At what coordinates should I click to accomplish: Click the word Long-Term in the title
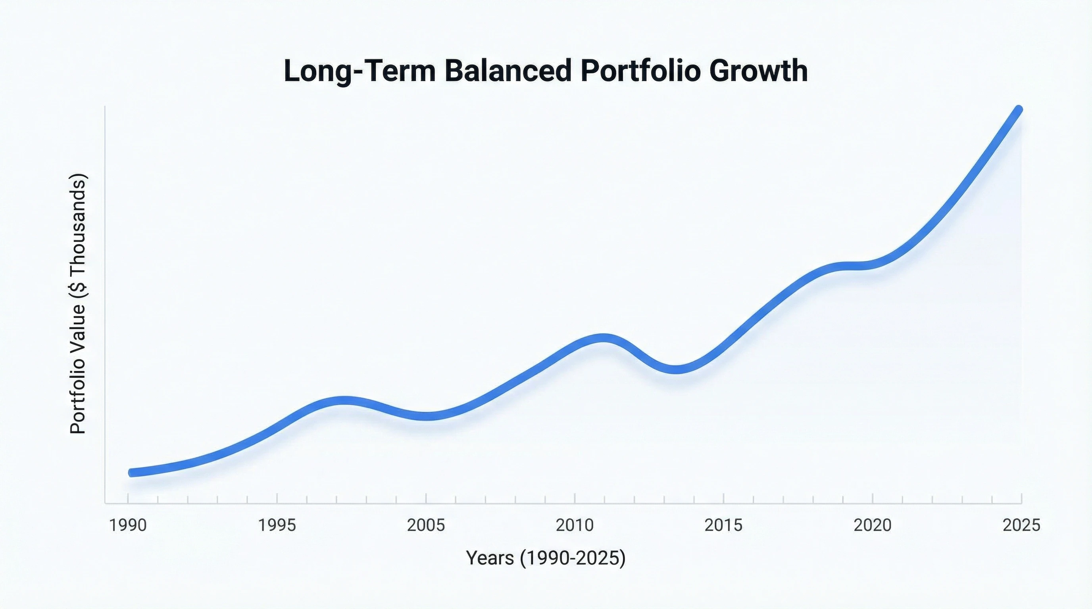click(x=360, y=71)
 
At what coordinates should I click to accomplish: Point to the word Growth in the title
click(x=757, y=71)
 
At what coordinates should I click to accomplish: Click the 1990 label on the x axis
click(x=128, y=526)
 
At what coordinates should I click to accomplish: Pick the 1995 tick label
click(x=277, y=526)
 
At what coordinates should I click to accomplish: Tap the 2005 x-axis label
click(x=426, y=526)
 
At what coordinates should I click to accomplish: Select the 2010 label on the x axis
click(x=575, y=526)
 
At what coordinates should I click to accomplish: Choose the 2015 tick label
click(x=724, y=526)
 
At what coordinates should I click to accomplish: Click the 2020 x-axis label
click(x=873, y=526)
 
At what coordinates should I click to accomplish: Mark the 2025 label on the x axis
click(x=1021, y=526)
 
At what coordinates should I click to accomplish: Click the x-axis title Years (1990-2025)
click(x=546, y=558)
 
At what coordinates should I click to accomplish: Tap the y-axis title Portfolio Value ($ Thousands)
click(x=78, y=304)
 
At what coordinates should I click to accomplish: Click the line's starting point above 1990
click(x=132, y=473)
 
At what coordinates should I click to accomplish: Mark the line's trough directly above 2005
click(x=426, y=416)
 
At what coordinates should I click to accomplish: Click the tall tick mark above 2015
click(x=724, y=498)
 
